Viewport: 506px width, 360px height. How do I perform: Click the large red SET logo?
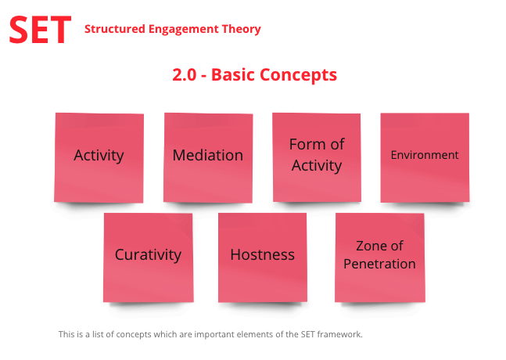[40, 29]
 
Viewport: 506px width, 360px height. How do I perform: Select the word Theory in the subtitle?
[243, 30]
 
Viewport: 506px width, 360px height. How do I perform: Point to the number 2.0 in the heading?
[185, 75]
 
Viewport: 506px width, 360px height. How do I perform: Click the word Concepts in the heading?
[301, 75]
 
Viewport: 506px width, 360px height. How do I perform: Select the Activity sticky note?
[99, 157]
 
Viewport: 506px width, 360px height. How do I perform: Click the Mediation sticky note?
[207, 157]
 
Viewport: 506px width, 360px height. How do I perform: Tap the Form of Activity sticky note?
[316, 157]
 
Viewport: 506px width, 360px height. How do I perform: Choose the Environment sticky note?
[425, 157]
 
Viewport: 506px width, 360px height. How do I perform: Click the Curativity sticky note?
[148, 257]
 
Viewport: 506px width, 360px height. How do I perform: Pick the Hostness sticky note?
[262, 257]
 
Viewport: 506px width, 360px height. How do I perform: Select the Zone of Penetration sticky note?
[379, 257]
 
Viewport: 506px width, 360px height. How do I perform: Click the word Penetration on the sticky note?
[379, 265]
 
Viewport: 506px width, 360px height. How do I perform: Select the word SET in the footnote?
[308, 335]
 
